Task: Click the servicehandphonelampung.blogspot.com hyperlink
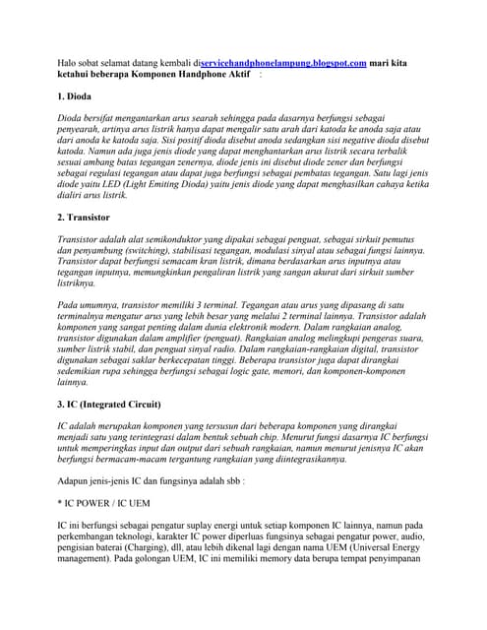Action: coord(283,62)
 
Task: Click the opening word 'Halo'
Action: coord(68,62)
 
